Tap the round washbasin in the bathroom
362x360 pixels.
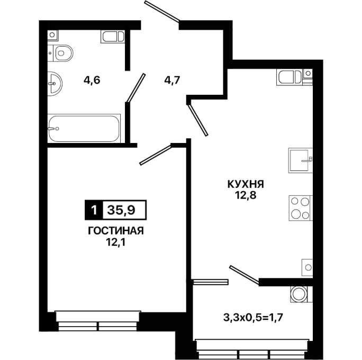55,83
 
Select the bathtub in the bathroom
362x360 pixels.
84,129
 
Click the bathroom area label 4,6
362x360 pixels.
92,80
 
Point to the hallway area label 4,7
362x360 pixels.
172,80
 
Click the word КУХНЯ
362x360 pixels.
246,185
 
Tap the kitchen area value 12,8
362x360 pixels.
246,195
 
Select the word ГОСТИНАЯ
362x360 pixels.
116,231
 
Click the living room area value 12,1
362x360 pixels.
115,242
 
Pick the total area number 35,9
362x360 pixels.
121,210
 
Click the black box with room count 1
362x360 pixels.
94,210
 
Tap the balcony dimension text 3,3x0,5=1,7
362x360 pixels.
253,318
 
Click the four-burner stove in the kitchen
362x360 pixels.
301,208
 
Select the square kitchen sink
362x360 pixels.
301,160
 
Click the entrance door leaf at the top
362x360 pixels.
161,12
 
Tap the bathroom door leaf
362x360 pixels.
135,88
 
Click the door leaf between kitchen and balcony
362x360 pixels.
245,274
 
